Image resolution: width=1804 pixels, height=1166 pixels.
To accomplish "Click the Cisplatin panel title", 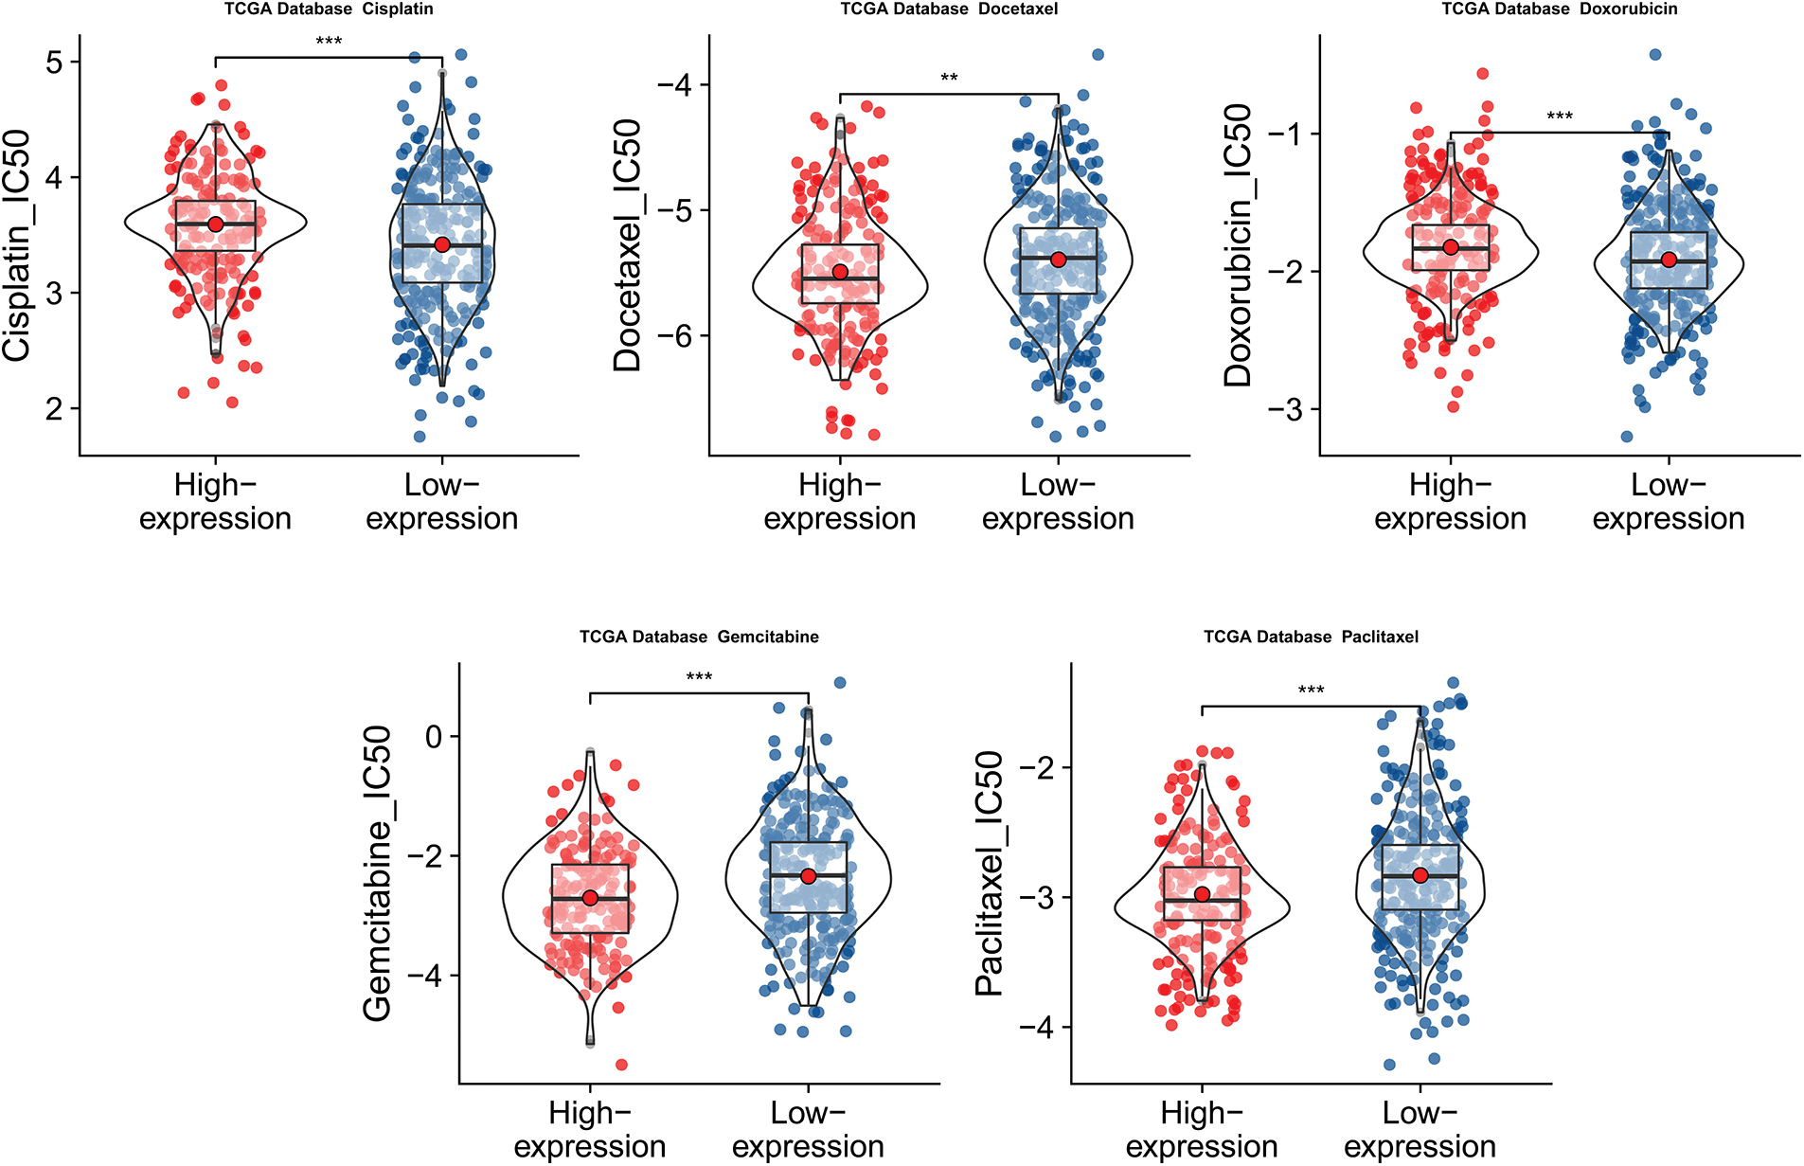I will tap(329, 9).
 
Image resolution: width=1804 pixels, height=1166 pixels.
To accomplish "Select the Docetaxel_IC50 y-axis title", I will tap(628, 245).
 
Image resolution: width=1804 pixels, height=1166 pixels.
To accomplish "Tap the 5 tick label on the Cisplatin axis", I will tap(54, 63).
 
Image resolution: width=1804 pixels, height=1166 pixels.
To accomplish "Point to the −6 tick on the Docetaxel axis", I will tap(680, 335).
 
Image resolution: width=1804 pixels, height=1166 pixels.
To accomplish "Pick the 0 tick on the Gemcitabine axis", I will tap(434, 736).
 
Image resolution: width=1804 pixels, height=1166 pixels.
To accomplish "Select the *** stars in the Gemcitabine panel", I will tap(699, 677).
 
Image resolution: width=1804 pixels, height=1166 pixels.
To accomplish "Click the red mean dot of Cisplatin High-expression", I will tap(216, 224).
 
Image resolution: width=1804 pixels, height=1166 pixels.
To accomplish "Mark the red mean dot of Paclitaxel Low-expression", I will tap(1420, 875).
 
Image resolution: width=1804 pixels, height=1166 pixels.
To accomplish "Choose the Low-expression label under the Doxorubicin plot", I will tap(1668, 502).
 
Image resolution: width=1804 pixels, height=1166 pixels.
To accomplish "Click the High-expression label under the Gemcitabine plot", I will tap(590, 1129).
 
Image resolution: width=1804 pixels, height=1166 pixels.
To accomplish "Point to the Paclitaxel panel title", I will tap(1311, 637).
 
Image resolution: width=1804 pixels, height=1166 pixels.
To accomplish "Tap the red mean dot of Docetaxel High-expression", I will tap(840, 272).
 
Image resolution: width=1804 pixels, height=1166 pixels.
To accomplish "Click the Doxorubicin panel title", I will tap(1559, 9).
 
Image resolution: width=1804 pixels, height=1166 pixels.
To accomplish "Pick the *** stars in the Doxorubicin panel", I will tap(1560, 117).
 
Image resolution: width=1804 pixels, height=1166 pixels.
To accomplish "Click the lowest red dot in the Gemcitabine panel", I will tap(622, 1065).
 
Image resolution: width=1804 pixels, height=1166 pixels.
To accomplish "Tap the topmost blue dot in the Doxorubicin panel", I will tap(1655, 55).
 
